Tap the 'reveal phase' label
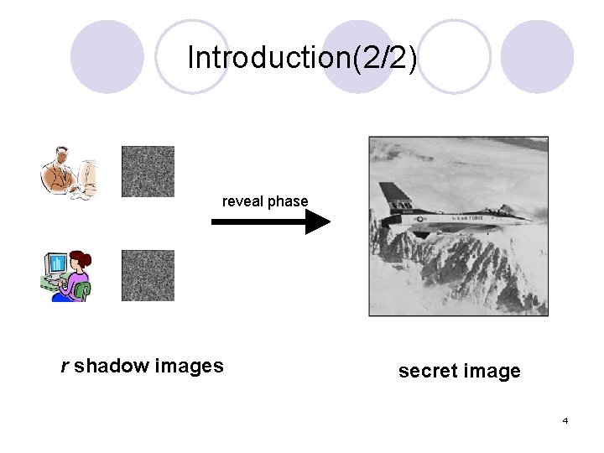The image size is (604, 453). tap(265, 201)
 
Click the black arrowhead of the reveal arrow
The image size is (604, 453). tap(318, 222)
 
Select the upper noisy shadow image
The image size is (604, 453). tap(148, 172)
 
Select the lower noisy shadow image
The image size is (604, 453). tap(148, 275)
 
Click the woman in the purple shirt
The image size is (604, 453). tap(77, 272)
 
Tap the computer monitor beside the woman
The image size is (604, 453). tap(56, 268)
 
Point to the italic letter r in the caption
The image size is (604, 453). tap(65, 367)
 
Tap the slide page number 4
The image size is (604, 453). tap(565, 420)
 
